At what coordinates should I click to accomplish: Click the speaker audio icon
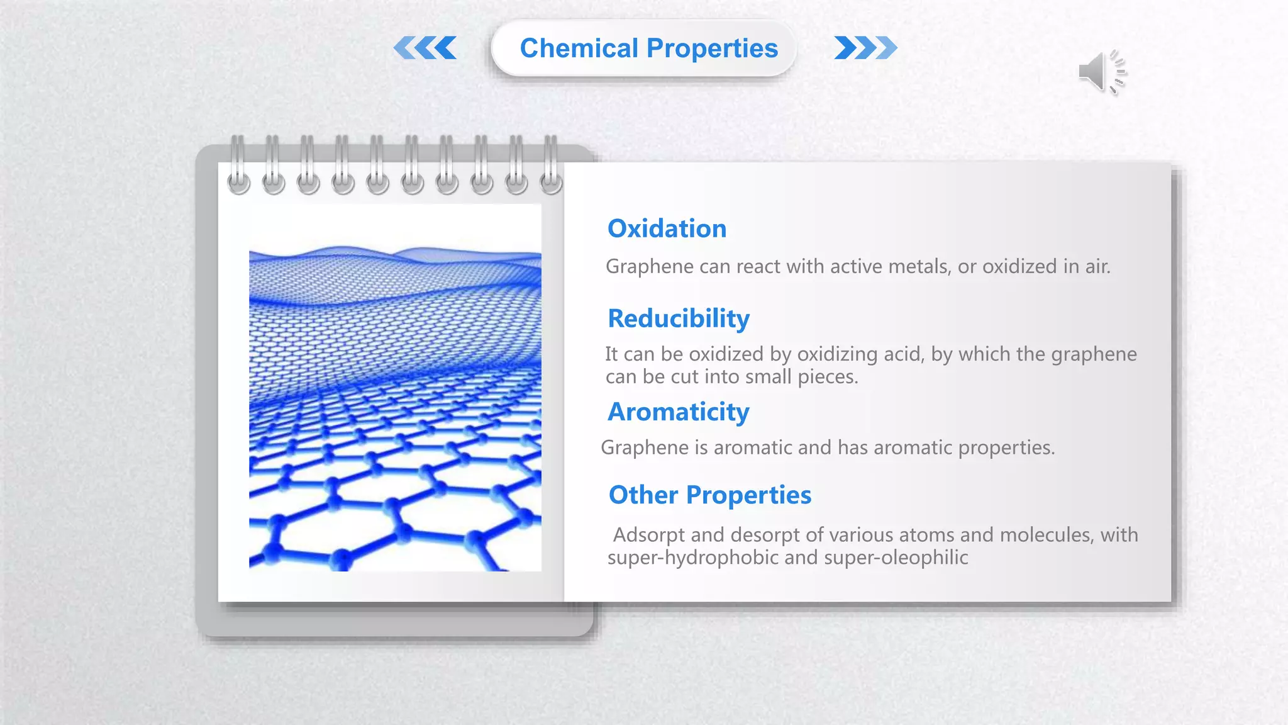(x=1102, y=72)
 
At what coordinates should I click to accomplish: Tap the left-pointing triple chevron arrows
(x=426, y=48)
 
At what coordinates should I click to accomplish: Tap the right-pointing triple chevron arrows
(x=865, y=48)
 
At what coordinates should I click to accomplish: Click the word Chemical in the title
(x=579, y=48)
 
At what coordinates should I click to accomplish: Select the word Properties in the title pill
(x=712, y=48)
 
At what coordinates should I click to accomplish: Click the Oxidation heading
(x=667, y=228)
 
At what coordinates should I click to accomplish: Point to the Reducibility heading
(x=678, y=318)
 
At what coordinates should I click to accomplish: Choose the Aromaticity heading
(x=678, y=412)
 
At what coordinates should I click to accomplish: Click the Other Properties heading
(x=709, y=495)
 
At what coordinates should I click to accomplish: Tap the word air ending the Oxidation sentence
(x=1097, y=267)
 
